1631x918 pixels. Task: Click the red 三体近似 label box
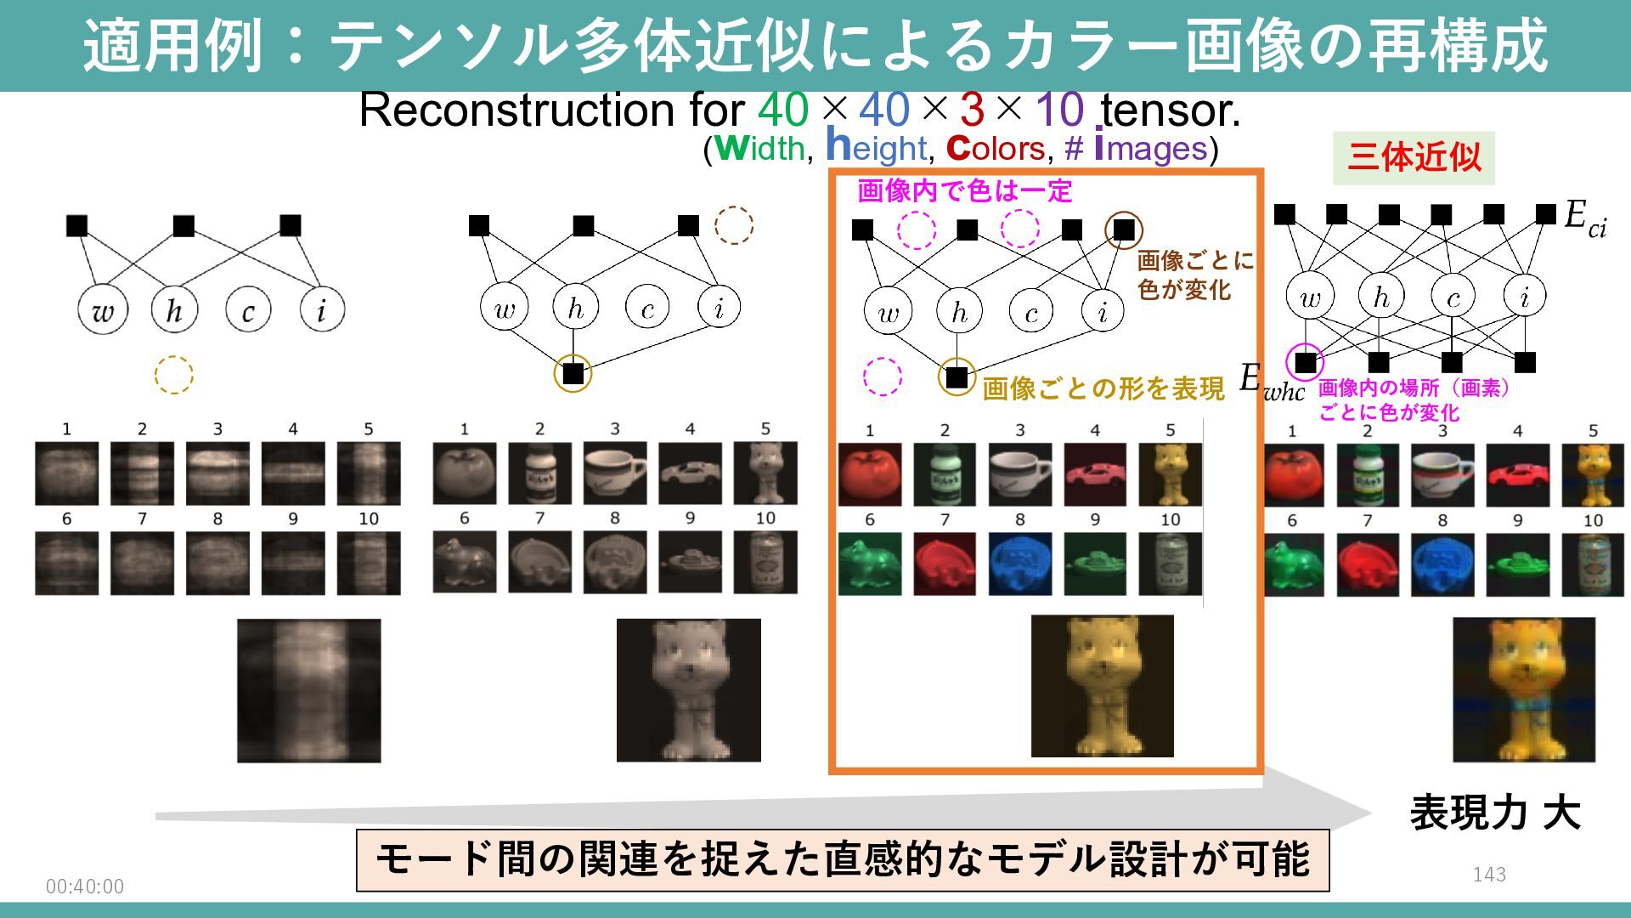coord(1414,158)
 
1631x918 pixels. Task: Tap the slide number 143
coord(1489,874)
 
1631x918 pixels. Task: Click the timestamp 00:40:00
coord(85,887)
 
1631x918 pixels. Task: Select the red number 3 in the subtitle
coord(972,110)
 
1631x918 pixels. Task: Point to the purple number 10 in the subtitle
coord(1059,110)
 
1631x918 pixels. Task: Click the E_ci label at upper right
coord(1585,218)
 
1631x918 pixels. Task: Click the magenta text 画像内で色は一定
coord(964,191)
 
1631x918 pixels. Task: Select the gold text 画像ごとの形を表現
coord(1103,389)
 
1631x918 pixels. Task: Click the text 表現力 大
coord(1495,813)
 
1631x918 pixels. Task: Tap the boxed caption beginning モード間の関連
coord(842,860)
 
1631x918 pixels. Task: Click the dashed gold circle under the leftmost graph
coord(174,375)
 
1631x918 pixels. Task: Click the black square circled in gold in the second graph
coord(573,373)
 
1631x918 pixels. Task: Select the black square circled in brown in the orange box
coord(1124,229)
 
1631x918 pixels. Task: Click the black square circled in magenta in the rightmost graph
coord(1306,363)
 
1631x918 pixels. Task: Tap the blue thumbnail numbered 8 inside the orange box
coord(1020,564)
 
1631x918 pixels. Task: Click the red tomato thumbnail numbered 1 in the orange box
coord(870,474)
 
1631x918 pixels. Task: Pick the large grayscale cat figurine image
coord(688,689)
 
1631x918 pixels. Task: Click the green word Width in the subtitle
coord(760,149)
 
